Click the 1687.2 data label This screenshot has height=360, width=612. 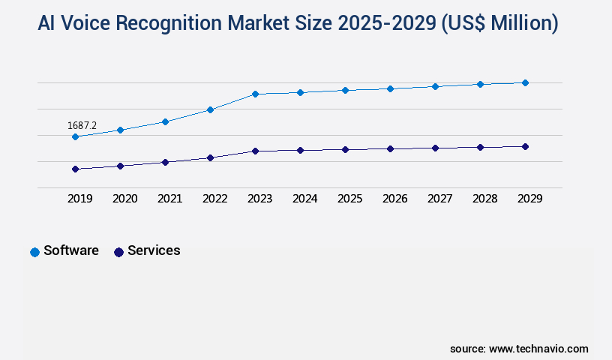click(82, 125)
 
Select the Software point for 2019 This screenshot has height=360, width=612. click(75, 136)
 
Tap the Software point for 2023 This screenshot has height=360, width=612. click(255, 94)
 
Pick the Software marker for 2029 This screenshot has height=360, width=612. click(525, 82)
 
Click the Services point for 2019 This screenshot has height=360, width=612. click(75, 169)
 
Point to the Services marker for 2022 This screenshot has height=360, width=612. click(210, 157)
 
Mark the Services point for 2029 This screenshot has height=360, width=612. click(525, 146)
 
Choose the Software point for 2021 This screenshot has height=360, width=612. click(165, 121)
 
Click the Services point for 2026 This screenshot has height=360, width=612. click(390, 148)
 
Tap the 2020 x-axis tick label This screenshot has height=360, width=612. click(124, 199)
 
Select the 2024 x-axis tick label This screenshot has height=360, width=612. click(304, 199)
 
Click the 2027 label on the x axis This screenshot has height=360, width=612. click(439, 199)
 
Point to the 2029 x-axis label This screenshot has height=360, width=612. click(529, 199)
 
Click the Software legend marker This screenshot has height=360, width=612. click(34, 252)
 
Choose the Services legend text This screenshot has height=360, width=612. click(154, 250)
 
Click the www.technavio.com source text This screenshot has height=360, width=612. click(538, 349)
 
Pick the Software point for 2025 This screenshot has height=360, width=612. click(345, 90)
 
